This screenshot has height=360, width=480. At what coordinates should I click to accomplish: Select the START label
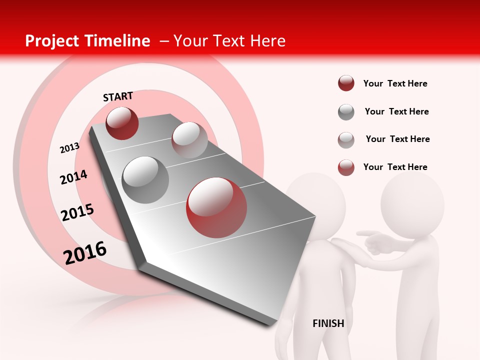(x=118, y=96)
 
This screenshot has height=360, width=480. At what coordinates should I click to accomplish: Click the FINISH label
(x=328, y=323)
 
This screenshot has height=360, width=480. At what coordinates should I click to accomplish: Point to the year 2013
(x=69, y=148)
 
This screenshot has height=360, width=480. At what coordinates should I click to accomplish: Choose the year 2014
(x=73, y=177)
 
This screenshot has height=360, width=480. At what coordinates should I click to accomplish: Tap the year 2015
(x=77, y=212)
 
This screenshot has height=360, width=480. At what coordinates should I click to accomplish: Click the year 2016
(x=85, y=253)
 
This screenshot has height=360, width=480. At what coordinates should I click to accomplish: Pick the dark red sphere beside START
(x=122, y=123)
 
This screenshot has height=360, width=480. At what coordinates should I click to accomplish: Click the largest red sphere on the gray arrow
(x=216, y=207)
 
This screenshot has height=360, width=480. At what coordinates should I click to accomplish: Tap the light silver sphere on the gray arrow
(x=189, y=140)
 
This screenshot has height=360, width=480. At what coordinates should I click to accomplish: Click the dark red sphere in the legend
(x=346, y=83)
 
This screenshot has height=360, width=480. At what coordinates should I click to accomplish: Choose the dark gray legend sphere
(x=346, y=112)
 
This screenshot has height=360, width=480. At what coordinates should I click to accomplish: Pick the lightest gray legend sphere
(x=346, y=140)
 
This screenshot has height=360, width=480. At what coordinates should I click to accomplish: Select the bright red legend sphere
(x=346, y=167)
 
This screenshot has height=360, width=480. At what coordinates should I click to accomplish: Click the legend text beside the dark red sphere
(x=395, y=83)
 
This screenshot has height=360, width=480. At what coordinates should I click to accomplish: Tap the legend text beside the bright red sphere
(x=395, y=167)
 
